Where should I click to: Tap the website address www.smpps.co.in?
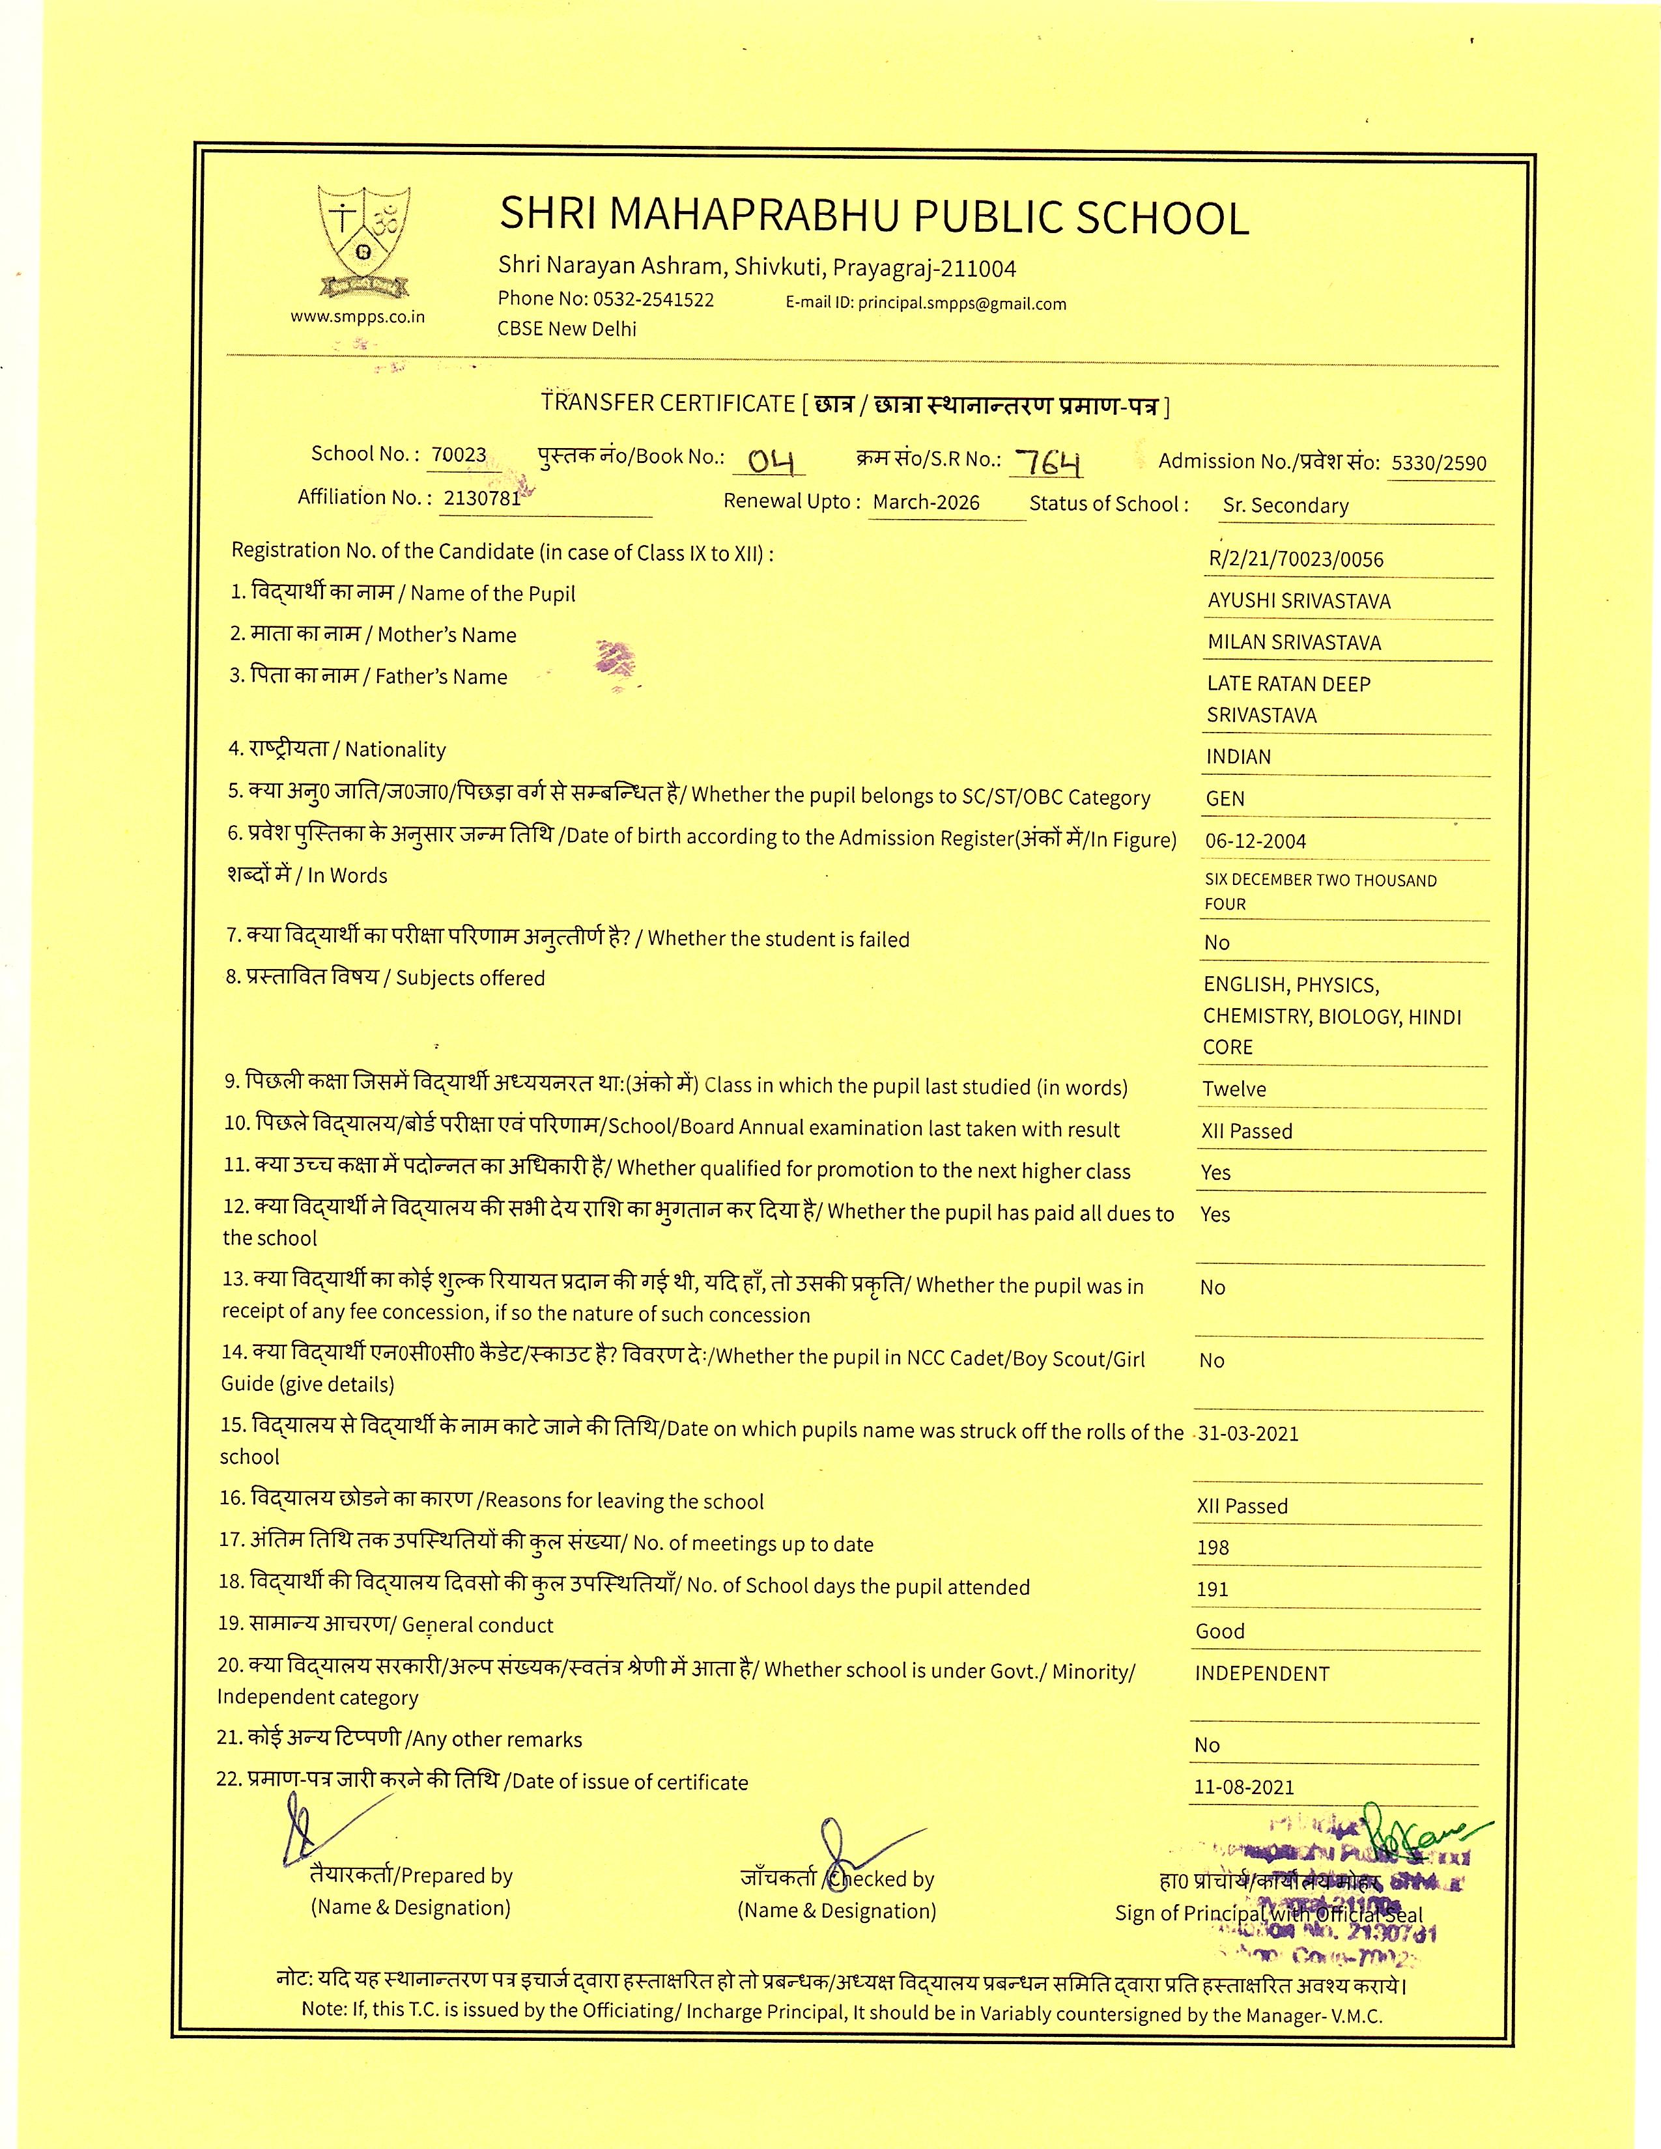pos(357,317)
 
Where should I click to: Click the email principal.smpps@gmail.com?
pos(961,304)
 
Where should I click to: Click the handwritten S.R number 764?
pos(1049,460)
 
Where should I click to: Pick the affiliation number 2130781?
pos(481,498)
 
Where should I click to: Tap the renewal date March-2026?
pos(926,503)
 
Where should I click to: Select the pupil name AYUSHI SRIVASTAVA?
pos(1299,601)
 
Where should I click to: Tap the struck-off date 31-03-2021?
pos(1248,1434)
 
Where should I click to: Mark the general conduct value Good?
pos(1220,1631)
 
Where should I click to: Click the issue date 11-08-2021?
pos(1243,1788)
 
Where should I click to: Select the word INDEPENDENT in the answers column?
pos(1262,1674)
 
